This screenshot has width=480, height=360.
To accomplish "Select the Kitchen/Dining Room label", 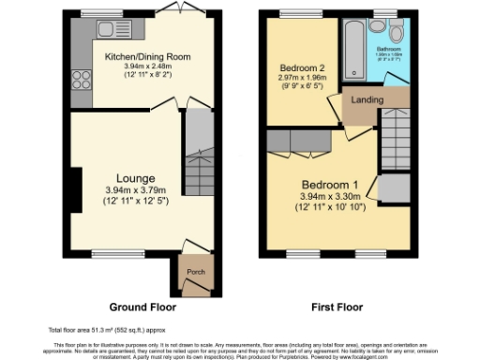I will pos(147,56).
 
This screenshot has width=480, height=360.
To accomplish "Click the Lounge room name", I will pos(135,178).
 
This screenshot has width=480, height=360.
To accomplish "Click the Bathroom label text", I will pos(388,47).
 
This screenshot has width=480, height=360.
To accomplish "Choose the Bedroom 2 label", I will pos(302,68).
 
